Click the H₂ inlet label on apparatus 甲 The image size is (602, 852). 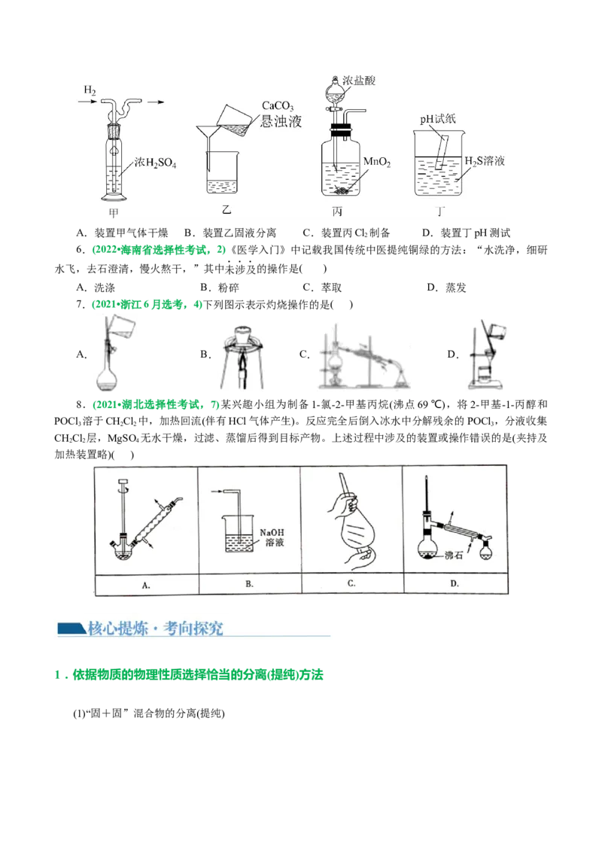90,91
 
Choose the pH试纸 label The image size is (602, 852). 439,118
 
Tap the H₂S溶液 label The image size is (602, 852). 484,163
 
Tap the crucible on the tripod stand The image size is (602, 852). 242,336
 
